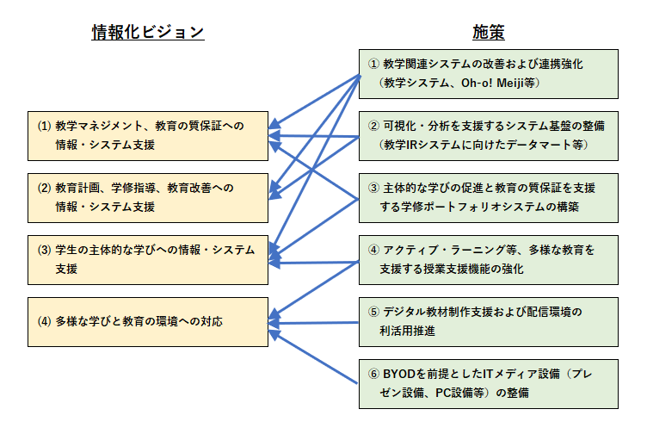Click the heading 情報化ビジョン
pyautogui.click(x=148, y=33)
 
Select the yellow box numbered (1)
pyautogui.click(x=148, y=135)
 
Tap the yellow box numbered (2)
pyautogui.click(x=148, y=196)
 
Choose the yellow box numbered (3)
pyautogui.click(x=148, y=258)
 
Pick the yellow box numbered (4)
pyautogui.click(x=148, y=321)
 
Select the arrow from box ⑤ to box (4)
pyautogui.click(x=315, y=323)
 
